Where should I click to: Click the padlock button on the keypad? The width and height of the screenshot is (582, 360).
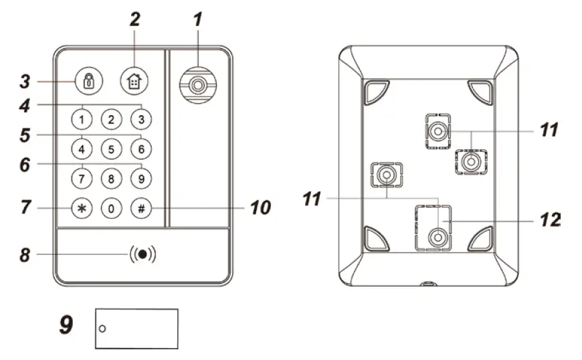click(x=87, y=81)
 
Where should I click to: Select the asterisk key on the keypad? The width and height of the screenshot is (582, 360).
click(x=81, y=208)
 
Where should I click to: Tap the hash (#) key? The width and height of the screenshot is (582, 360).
click(x=141, y=208)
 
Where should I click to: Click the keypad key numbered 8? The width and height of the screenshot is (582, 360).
click(x=111, y=178)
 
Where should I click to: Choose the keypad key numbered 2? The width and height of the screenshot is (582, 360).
click(x=111, y=120)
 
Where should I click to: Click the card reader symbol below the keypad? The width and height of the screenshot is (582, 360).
click(x=142, y=255)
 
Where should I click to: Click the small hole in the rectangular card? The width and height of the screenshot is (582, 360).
click(x=102, y=329)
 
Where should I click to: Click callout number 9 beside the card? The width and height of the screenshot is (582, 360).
click(x=66, y=326)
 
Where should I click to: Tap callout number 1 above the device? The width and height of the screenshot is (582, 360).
click(x=197, y=20)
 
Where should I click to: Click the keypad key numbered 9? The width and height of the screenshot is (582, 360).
click(x=140, y=178)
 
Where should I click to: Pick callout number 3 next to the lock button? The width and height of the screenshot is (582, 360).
click(x=24, y=82)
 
